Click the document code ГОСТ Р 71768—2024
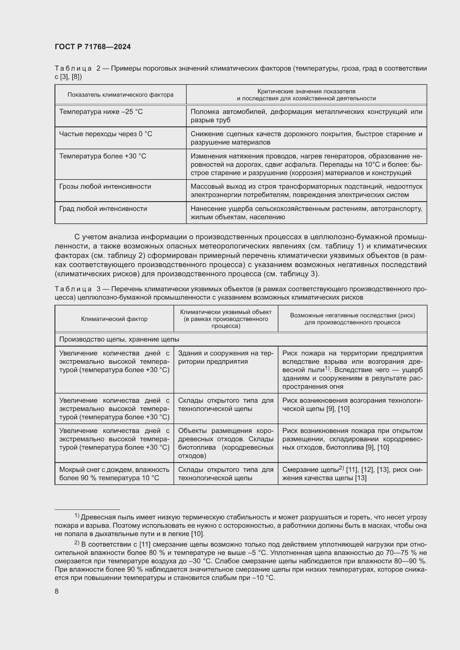[93, 47]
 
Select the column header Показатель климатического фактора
[120, 95]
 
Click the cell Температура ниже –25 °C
[101, 112]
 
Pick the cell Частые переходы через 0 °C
[106, 134]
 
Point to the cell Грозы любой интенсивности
[105, 186]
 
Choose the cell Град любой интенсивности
[103, 209]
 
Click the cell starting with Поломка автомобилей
[306, 116]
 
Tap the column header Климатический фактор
[114, 319]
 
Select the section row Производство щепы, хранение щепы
[119, 339]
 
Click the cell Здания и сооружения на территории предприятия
[226, 357]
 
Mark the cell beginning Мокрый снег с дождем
[114, 474]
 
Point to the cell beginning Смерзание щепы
[352, 474]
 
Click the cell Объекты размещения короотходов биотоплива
[226, 443]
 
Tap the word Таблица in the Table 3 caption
[73, 289]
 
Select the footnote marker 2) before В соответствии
[77, 543]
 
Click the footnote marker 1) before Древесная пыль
[77, 515]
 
